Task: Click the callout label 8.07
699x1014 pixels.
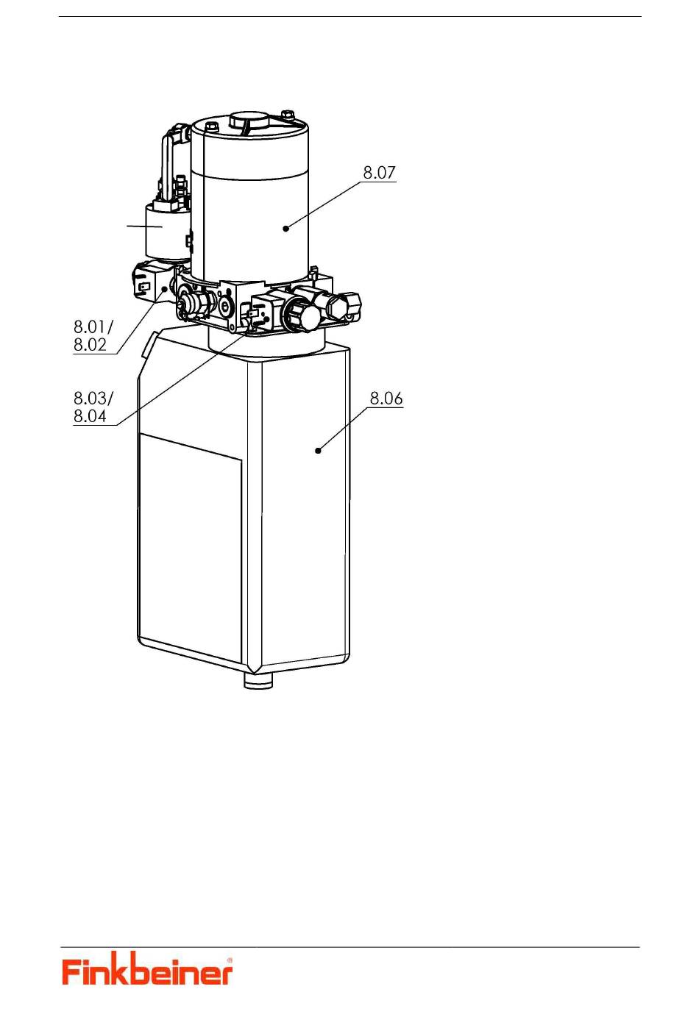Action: point(379,173)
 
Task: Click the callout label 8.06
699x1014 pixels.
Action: point(386,399)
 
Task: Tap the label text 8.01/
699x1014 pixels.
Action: point(93,326)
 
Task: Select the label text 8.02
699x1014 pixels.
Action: point(91,345)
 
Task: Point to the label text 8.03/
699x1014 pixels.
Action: point(93,399)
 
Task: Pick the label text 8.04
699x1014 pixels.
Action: point(91,416)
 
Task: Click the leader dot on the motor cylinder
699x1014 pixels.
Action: point(285,229)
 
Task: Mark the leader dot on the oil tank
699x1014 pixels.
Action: point(318,451)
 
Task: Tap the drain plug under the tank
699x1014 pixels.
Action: point(258,680)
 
